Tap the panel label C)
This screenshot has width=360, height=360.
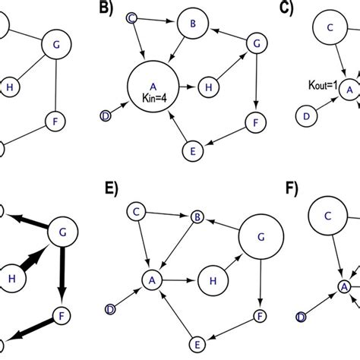pyautogui.click(x=289, y=8)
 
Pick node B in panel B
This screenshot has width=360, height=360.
pyautogui.click(x=192, y=24)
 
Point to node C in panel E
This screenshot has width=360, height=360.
pyautogui.click(x=137, y=209)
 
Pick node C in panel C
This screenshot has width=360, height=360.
pyautogui.click(x=330, y=29)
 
